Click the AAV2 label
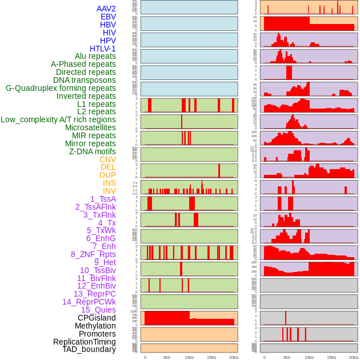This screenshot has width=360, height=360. tap(106, 9)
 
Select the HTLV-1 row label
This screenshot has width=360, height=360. tap(102, 49)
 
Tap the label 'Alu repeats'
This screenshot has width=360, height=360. tap(95, 57)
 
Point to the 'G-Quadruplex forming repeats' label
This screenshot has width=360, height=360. tap(61, 89)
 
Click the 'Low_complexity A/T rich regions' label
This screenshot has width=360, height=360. tap(58, 119)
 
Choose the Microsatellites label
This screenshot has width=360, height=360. tap(90, 127)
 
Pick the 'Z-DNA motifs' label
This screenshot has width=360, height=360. tap(92, 151)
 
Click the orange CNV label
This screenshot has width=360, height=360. tap(107, 159)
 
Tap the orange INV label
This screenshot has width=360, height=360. tap(109, 191)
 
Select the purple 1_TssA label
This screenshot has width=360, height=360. tap(103, 199)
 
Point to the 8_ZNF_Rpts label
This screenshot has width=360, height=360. tap(93, 254)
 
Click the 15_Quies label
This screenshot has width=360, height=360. tap(98, 310)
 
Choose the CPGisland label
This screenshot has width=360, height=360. tap(97, 318)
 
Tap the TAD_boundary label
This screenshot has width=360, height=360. tap(89, 349)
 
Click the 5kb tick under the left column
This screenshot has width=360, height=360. tap(167, 357)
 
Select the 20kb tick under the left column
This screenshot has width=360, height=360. tap(233, 357)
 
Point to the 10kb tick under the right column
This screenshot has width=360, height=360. tap(309, 357)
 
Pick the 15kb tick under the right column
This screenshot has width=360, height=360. tap(331, 357)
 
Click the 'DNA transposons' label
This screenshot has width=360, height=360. tap(85, 81)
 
